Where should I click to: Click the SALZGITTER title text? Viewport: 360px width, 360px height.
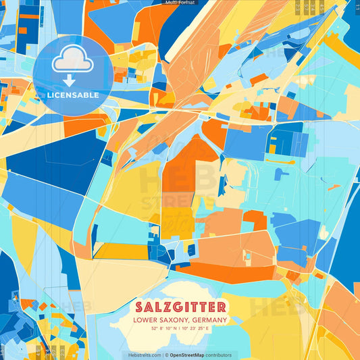[180, 306]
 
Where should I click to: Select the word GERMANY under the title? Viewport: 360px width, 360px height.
[209, 319]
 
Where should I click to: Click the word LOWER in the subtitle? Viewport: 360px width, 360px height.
[145, 319]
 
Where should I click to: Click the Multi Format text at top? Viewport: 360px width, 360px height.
[180, 3]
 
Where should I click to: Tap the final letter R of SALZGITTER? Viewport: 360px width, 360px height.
[224, 306]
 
